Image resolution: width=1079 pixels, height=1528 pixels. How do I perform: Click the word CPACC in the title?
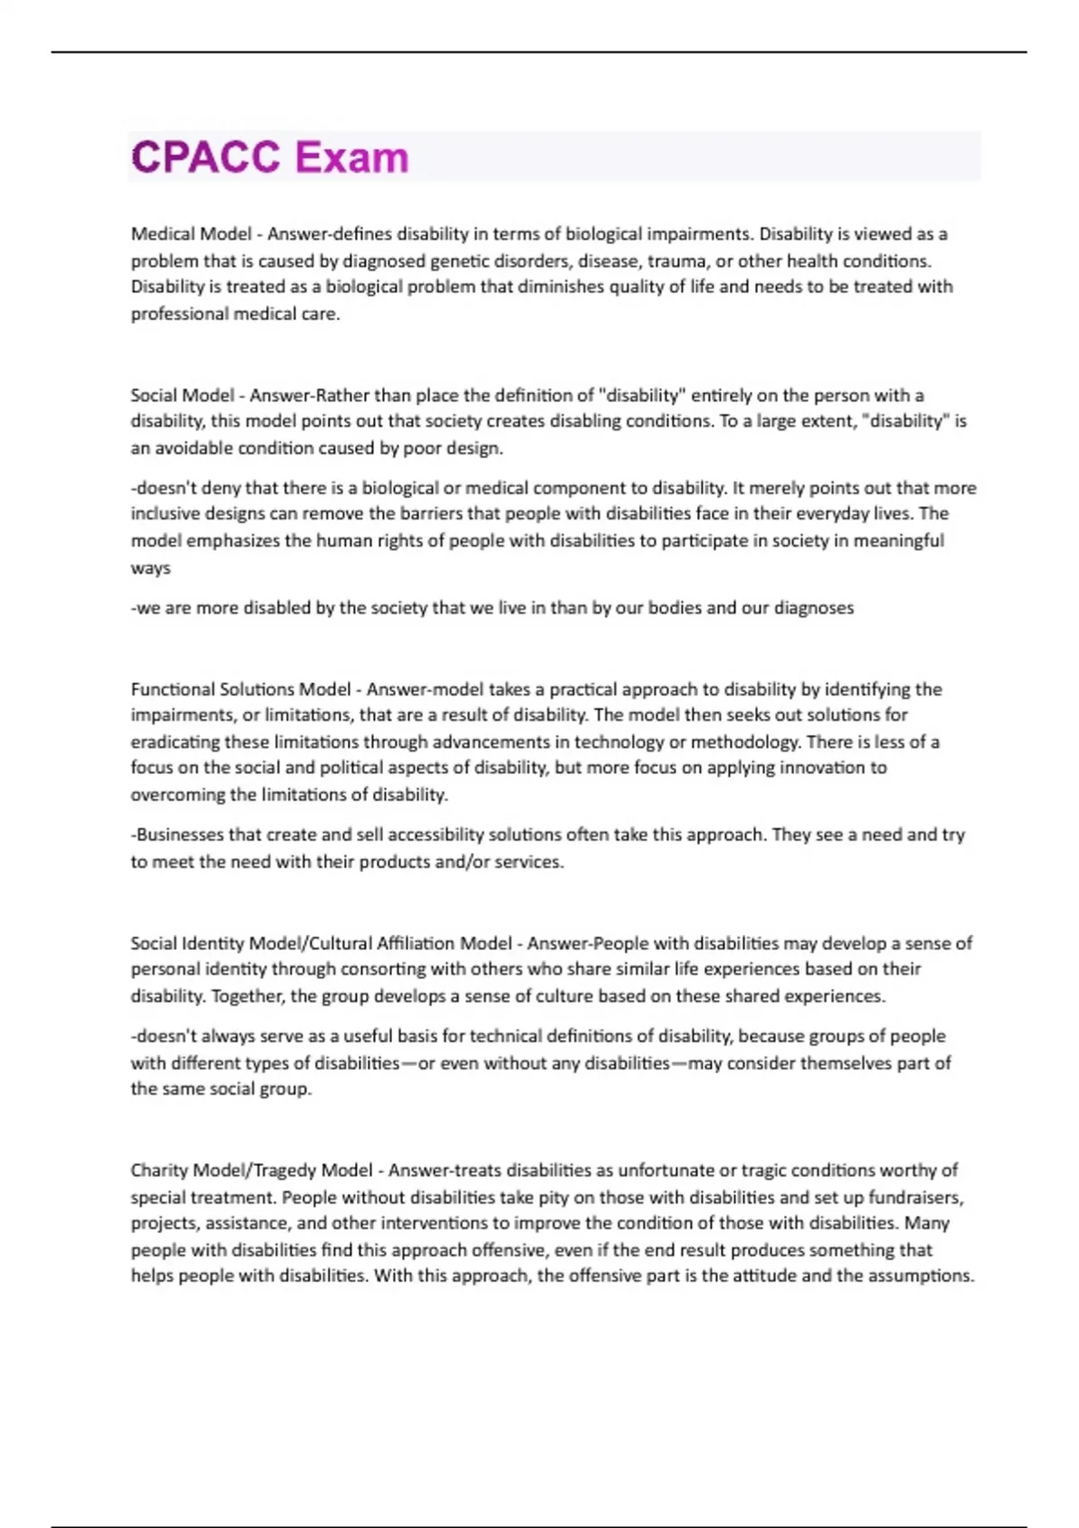(x=206, y=157)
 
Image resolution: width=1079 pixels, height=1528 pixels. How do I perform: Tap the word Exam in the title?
(x=352, y=157)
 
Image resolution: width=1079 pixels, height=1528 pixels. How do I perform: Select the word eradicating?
(x=174, y=742)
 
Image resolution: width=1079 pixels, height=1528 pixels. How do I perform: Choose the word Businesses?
(x=179, y=834)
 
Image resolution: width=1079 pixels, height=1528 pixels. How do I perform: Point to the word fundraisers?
(x=919, y=1197)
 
